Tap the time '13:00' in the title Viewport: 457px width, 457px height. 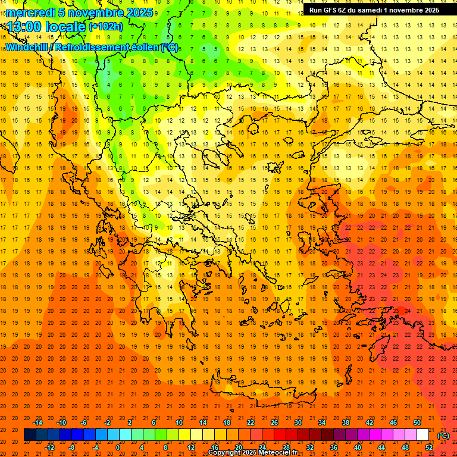23,26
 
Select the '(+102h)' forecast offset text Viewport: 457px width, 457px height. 105,26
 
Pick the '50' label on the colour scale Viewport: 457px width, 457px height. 417,422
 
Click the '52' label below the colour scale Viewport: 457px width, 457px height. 428,447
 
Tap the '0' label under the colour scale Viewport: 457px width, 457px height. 118,447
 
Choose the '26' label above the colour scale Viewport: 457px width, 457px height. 274,422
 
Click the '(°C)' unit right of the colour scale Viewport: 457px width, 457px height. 443,435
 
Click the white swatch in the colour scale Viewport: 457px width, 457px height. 422,435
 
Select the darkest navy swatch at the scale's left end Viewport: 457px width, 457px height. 30,435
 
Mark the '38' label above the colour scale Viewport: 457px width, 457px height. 345,422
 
